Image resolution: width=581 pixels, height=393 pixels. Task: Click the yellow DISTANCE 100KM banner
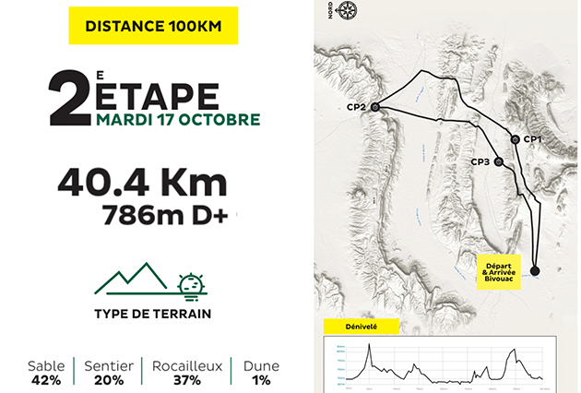(154, 27)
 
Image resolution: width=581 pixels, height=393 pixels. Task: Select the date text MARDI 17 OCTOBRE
(177, 120)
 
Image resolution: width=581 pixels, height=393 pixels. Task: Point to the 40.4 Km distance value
(141, 182)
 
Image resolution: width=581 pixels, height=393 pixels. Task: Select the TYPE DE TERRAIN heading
(152, 314)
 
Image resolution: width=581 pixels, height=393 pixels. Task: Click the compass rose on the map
(349, 12)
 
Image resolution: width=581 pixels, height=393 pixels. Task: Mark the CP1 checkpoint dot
(515, 139)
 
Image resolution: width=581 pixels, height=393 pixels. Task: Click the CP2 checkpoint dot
(375, 107)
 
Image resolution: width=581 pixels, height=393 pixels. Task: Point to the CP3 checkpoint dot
(499, 161)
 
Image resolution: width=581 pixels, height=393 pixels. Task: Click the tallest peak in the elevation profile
(369, 345)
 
